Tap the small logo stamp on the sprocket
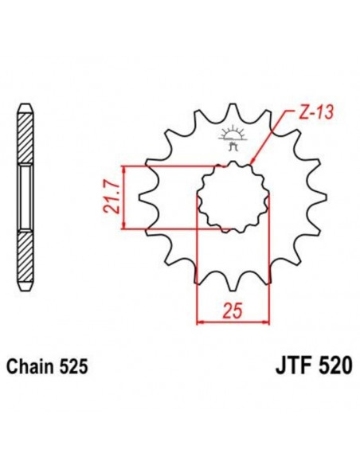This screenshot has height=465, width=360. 233,135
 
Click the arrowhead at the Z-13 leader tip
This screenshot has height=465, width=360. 252,164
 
